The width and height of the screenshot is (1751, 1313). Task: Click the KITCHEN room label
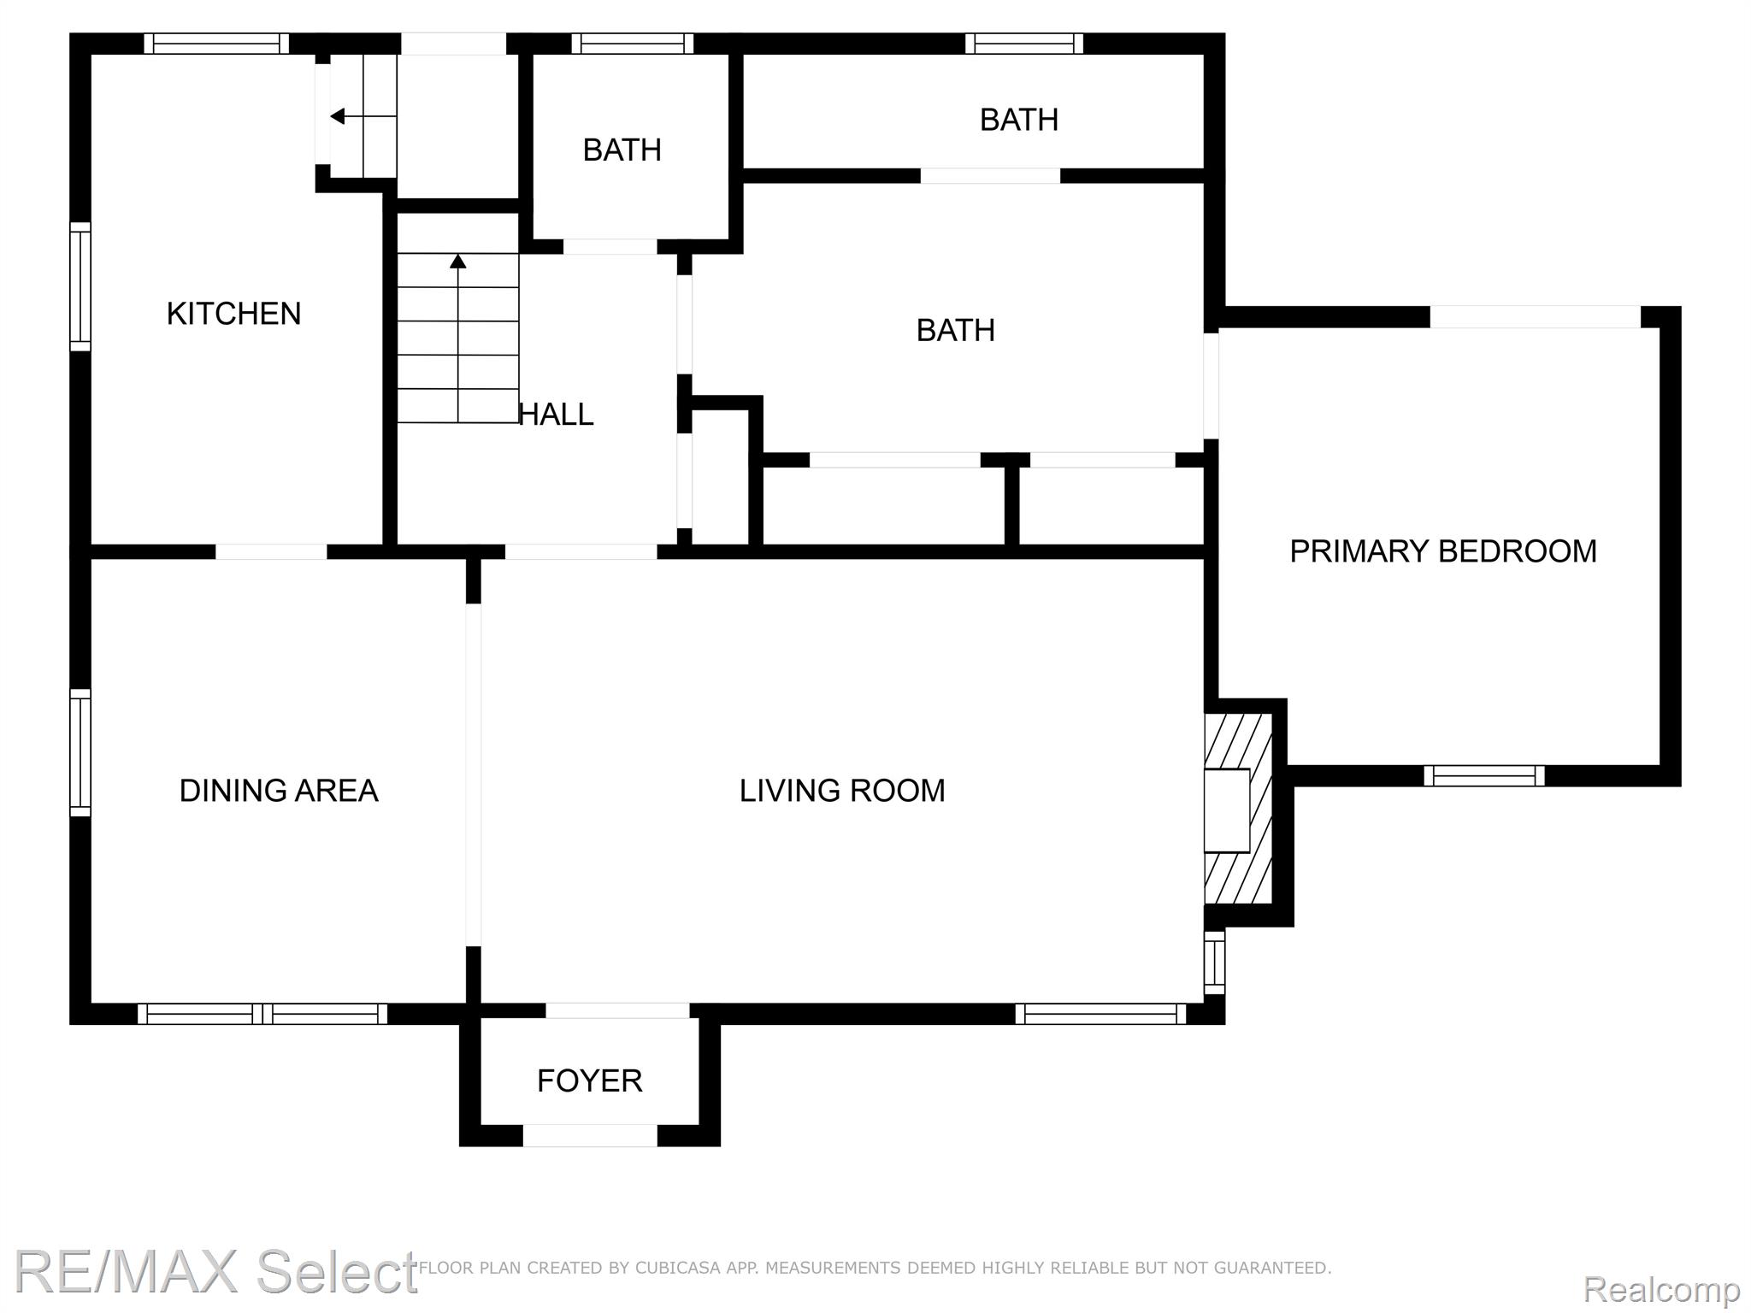[x=233, y=314]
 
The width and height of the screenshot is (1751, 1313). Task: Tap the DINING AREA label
[x=279, y=791]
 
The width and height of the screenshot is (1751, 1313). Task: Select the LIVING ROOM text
[x=842, y=791]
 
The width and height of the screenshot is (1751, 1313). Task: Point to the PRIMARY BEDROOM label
[x=1443, y=551]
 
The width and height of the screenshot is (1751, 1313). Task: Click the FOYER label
[x=589, y=1080]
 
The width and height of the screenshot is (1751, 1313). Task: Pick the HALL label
[x=556, y=415]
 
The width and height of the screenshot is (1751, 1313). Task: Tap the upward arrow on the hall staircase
[x=458, y=338]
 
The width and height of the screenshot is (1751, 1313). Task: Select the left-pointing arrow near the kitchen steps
[x=363, y=115]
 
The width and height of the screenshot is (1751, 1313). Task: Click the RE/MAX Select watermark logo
[x=215, y=1271]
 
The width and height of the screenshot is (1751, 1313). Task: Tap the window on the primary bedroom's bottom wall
[x=1484, y=775]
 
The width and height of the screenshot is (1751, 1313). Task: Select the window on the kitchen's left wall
[x=80, y=286]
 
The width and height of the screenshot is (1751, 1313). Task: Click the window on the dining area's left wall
[x=80, y=753]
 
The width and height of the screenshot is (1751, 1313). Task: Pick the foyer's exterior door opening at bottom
[x=590, y=1135]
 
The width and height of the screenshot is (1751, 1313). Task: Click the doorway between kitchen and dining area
[x=271, y=551]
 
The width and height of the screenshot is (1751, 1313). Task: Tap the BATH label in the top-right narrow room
[x=1019, y=120]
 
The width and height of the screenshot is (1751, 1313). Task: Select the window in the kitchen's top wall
[x=216, y=44]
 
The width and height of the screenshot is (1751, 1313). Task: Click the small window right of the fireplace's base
[x=1214, y=963]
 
